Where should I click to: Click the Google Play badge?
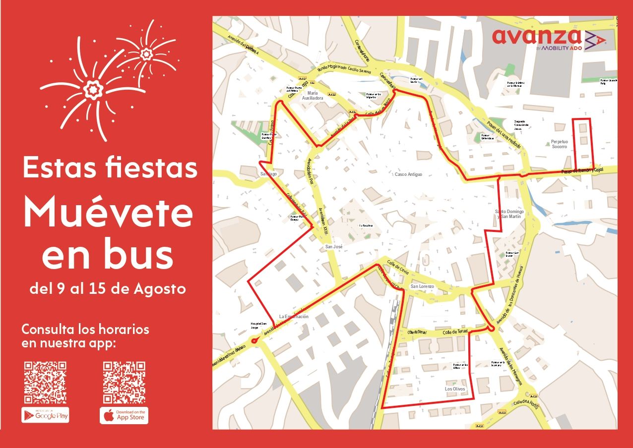45,415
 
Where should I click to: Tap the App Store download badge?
124,415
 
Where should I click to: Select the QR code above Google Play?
45,382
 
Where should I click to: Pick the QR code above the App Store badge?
124,382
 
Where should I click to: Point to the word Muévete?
108,213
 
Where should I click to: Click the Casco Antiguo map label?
408,174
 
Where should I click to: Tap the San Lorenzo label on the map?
422,286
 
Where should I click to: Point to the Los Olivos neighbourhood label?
455,389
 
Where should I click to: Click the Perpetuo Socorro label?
559,144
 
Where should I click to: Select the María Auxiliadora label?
313,96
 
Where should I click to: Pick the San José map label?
334,246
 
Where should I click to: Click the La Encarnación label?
294,316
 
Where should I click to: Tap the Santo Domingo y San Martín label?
509,215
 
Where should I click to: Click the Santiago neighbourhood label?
269,174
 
